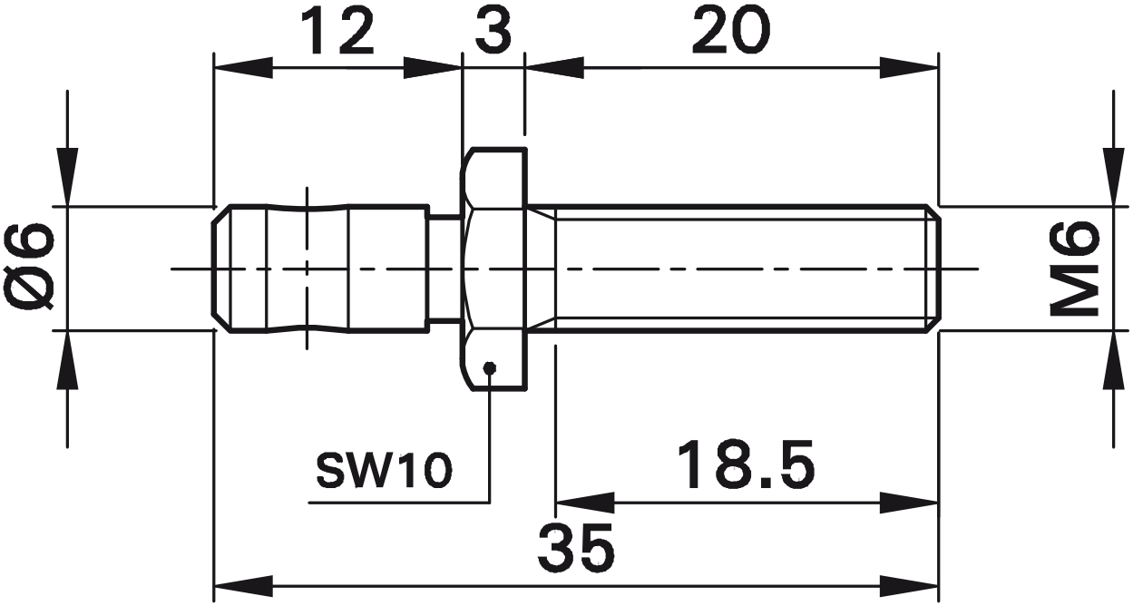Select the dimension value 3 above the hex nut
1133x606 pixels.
[x=493, y=33]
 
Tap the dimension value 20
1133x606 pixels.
[x=730, y=33]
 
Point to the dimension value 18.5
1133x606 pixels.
[x=747, y=465]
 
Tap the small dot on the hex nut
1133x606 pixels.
[x=490, y=367]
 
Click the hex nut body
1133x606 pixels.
[x=494, y=269]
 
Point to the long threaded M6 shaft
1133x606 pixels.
[x=744, y=269]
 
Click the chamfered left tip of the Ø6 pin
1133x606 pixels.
[x=219, y=269]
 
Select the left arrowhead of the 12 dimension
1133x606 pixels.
[x=241, y=68]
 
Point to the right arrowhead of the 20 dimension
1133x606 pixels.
[x=910, y=68]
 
